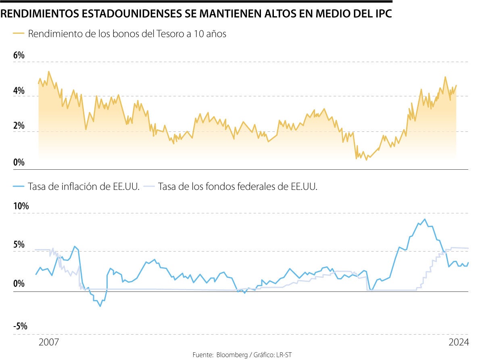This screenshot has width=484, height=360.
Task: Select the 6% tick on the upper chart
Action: [19, 56]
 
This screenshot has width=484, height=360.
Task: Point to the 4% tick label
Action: [19, 91]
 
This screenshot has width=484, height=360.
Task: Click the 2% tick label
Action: [19, 126]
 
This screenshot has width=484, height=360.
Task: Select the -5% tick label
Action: [20, 327]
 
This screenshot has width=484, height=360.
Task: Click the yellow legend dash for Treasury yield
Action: [19, 34]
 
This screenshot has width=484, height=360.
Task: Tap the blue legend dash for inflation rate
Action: [19, 187]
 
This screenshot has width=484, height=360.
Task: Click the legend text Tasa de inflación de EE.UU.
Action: [84, 187]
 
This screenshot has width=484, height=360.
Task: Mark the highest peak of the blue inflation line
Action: [424, 219]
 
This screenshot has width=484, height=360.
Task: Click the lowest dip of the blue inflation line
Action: [100, 306]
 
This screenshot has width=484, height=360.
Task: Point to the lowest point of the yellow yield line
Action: [366, 160]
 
